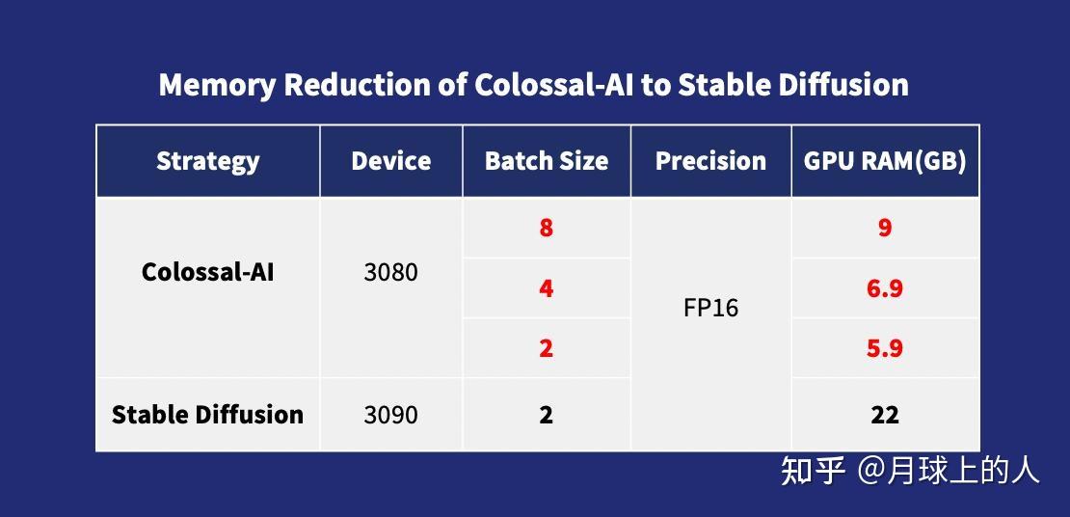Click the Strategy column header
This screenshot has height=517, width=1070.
pos(207,161)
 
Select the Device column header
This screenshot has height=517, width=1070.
pos(391,160)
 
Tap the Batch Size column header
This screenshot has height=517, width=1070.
pos(546,160)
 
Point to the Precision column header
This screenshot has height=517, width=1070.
pos(710,160)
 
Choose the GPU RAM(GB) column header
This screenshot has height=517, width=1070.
pos(884,161)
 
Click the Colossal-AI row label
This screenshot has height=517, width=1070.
pos(207,272)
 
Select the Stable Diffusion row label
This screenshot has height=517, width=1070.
pos(207,415)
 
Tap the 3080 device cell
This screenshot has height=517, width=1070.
pos(390,273)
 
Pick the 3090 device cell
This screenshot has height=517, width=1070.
pos(390,415)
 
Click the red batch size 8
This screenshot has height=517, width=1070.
pos(546,228)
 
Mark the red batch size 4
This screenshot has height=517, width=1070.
pos(546,288)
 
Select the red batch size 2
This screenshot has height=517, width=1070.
pos(546,348)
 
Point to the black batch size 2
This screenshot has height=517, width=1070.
pos(546,415)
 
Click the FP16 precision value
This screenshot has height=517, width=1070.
pos(710,308)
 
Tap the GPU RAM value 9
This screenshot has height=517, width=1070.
pos(885,228)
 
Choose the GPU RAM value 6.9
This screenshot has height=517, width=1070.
pos(885,288)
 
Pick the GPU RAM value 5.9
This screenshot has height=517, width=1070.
pos(885,348)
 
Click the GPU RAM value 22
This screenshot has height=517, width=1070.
pos(885,415)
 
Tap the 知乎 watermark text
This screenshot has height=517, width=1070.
pos(814,472)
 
